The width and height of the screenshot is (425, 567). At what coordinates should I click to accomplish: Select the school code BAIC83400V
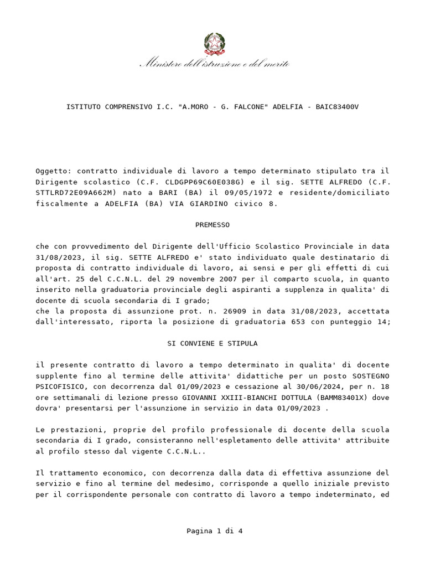337,106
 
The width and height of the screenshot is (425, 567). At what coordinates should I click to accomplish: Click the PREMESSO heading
212,225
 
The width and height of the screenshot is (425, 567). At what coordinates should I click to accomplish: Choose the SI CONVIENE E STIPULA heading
212,343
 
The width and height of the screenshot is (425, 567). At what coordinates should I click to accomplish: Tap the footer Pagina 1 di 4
214,531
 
